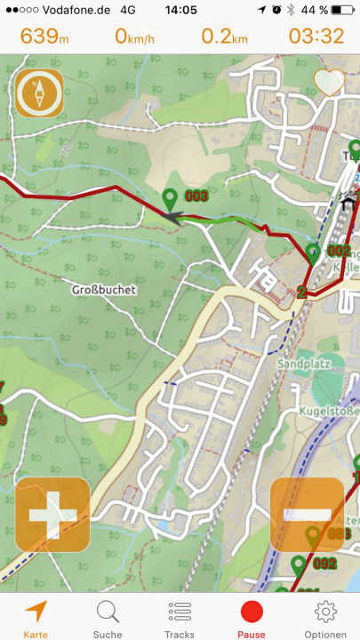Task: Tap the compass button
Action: pos(38,93)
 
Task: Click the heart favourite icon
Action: pos(329,82)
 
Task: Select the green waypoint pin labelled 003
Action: pos(170,200)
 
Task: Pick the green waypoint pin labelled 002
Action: pos(313,252)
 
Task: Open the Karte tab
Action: pos(36,619)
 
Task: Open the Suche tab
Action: pos(108,619)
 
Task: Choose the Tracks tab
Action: pos(180,619)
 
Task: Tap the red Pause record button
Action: pos(252,619)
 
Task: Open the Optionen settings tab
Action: pos(324,619)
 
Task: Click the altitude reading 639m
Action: pos(44,36)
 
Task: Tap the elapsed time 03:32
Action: pos(316,36)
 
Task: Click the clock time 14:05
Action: pos(180,10)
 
